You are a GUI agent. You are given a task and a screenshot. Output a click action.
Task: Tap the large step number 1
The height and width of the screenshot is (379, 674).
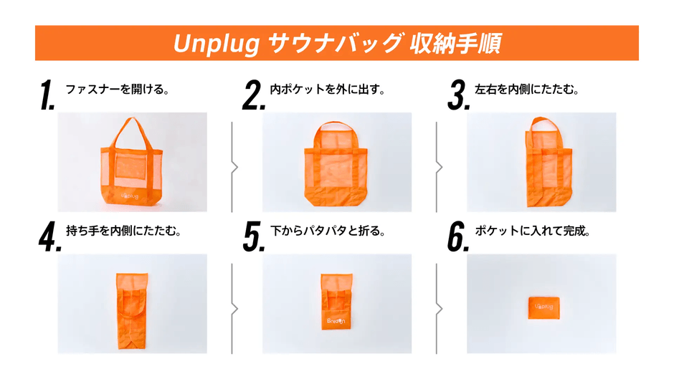(47, 96)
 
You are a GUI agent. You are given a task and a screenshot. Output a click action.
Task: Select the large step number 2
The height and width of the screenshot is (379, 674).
(253, 96)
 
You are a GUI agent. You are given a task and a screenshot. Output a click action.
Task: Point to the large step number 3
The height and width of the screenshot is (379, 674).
(457, 96)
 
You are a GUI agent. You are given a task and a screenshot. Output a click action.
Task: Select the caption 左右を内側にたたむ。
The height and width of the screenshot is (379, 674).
(527, 90)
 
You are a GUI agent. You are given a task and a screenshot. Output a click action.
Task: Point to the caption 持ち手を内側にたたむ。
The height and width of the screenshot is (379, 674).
(123, 232)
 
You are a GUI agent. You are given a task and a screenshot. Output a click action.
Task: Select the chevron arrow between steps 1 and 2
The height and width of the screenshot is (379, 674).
(234, 167)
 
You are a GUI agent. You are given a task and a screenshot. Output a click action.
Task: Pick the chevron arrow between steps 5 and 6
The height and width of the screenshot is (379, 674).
(439, 309)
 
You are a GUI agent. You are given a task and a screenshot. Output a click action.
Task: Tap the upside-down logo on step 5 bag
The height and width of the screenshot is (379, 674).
(336, 320)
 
